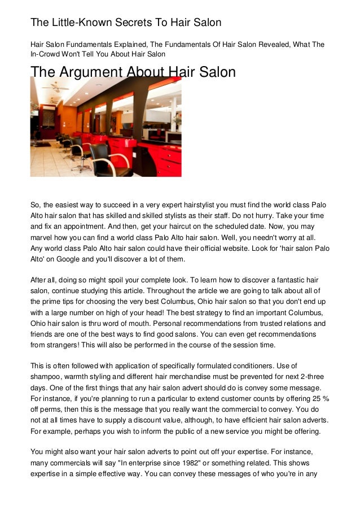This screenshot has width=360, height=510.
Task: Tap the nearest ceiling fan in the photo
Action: tap(55, 86)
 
